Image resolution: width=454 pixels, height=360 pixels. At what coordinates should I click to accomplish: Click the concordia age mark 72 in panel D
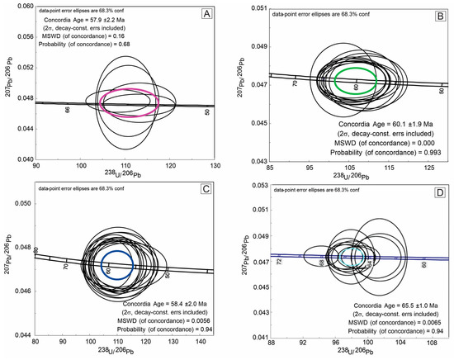coord(279,262)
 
